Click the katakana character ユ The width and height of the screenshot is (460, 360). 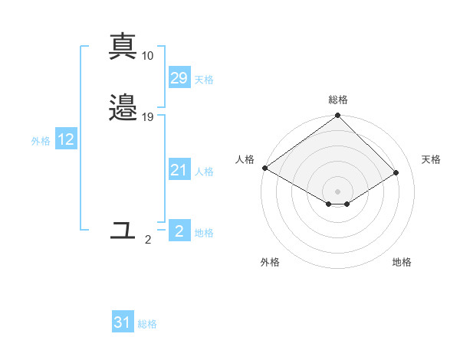click(x=123, y=229)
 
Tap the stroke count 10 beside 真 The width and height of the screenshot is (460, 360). click(x=148, y=56)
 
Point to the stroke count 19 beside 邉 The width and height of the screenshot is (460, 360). click(x=148, y=117)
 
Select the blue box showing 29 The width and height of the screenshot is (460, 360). click(x=179, y=78)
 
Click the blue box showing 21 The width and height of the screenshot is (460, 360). click(x=179, y=170)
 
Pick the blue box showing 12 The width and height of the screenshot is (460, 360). click(x=66, y=139)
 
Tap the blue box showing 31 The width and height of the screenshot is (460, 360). click(x=123, y=322)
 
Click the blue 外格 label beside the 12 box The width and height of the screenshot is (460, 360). click(x=41, y=141)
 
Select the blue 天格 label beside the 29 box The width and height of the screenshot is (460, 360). click(x=204, y=80)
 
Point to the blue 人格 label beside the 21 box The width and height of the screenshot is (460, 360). click(x=204, y=172)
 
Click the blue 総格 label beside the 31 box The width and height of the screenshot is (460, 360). click(x=147, y=324)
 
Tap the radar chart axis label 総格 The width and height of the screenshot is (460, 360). click(x=338, y=100)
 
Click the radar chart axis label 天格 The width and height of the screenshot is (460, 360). click(x=431, y=159)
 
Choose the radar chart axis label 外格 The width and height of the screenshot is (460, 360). click(x=270, y=262)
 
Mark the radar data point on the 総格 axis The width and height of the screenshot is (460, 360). click(x=338, y=116)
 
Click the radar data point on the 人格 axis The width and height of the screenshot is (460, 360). click(x=264, y=168)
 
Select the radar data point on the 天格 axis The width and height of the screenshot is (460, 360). click(x=396, y=172)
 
